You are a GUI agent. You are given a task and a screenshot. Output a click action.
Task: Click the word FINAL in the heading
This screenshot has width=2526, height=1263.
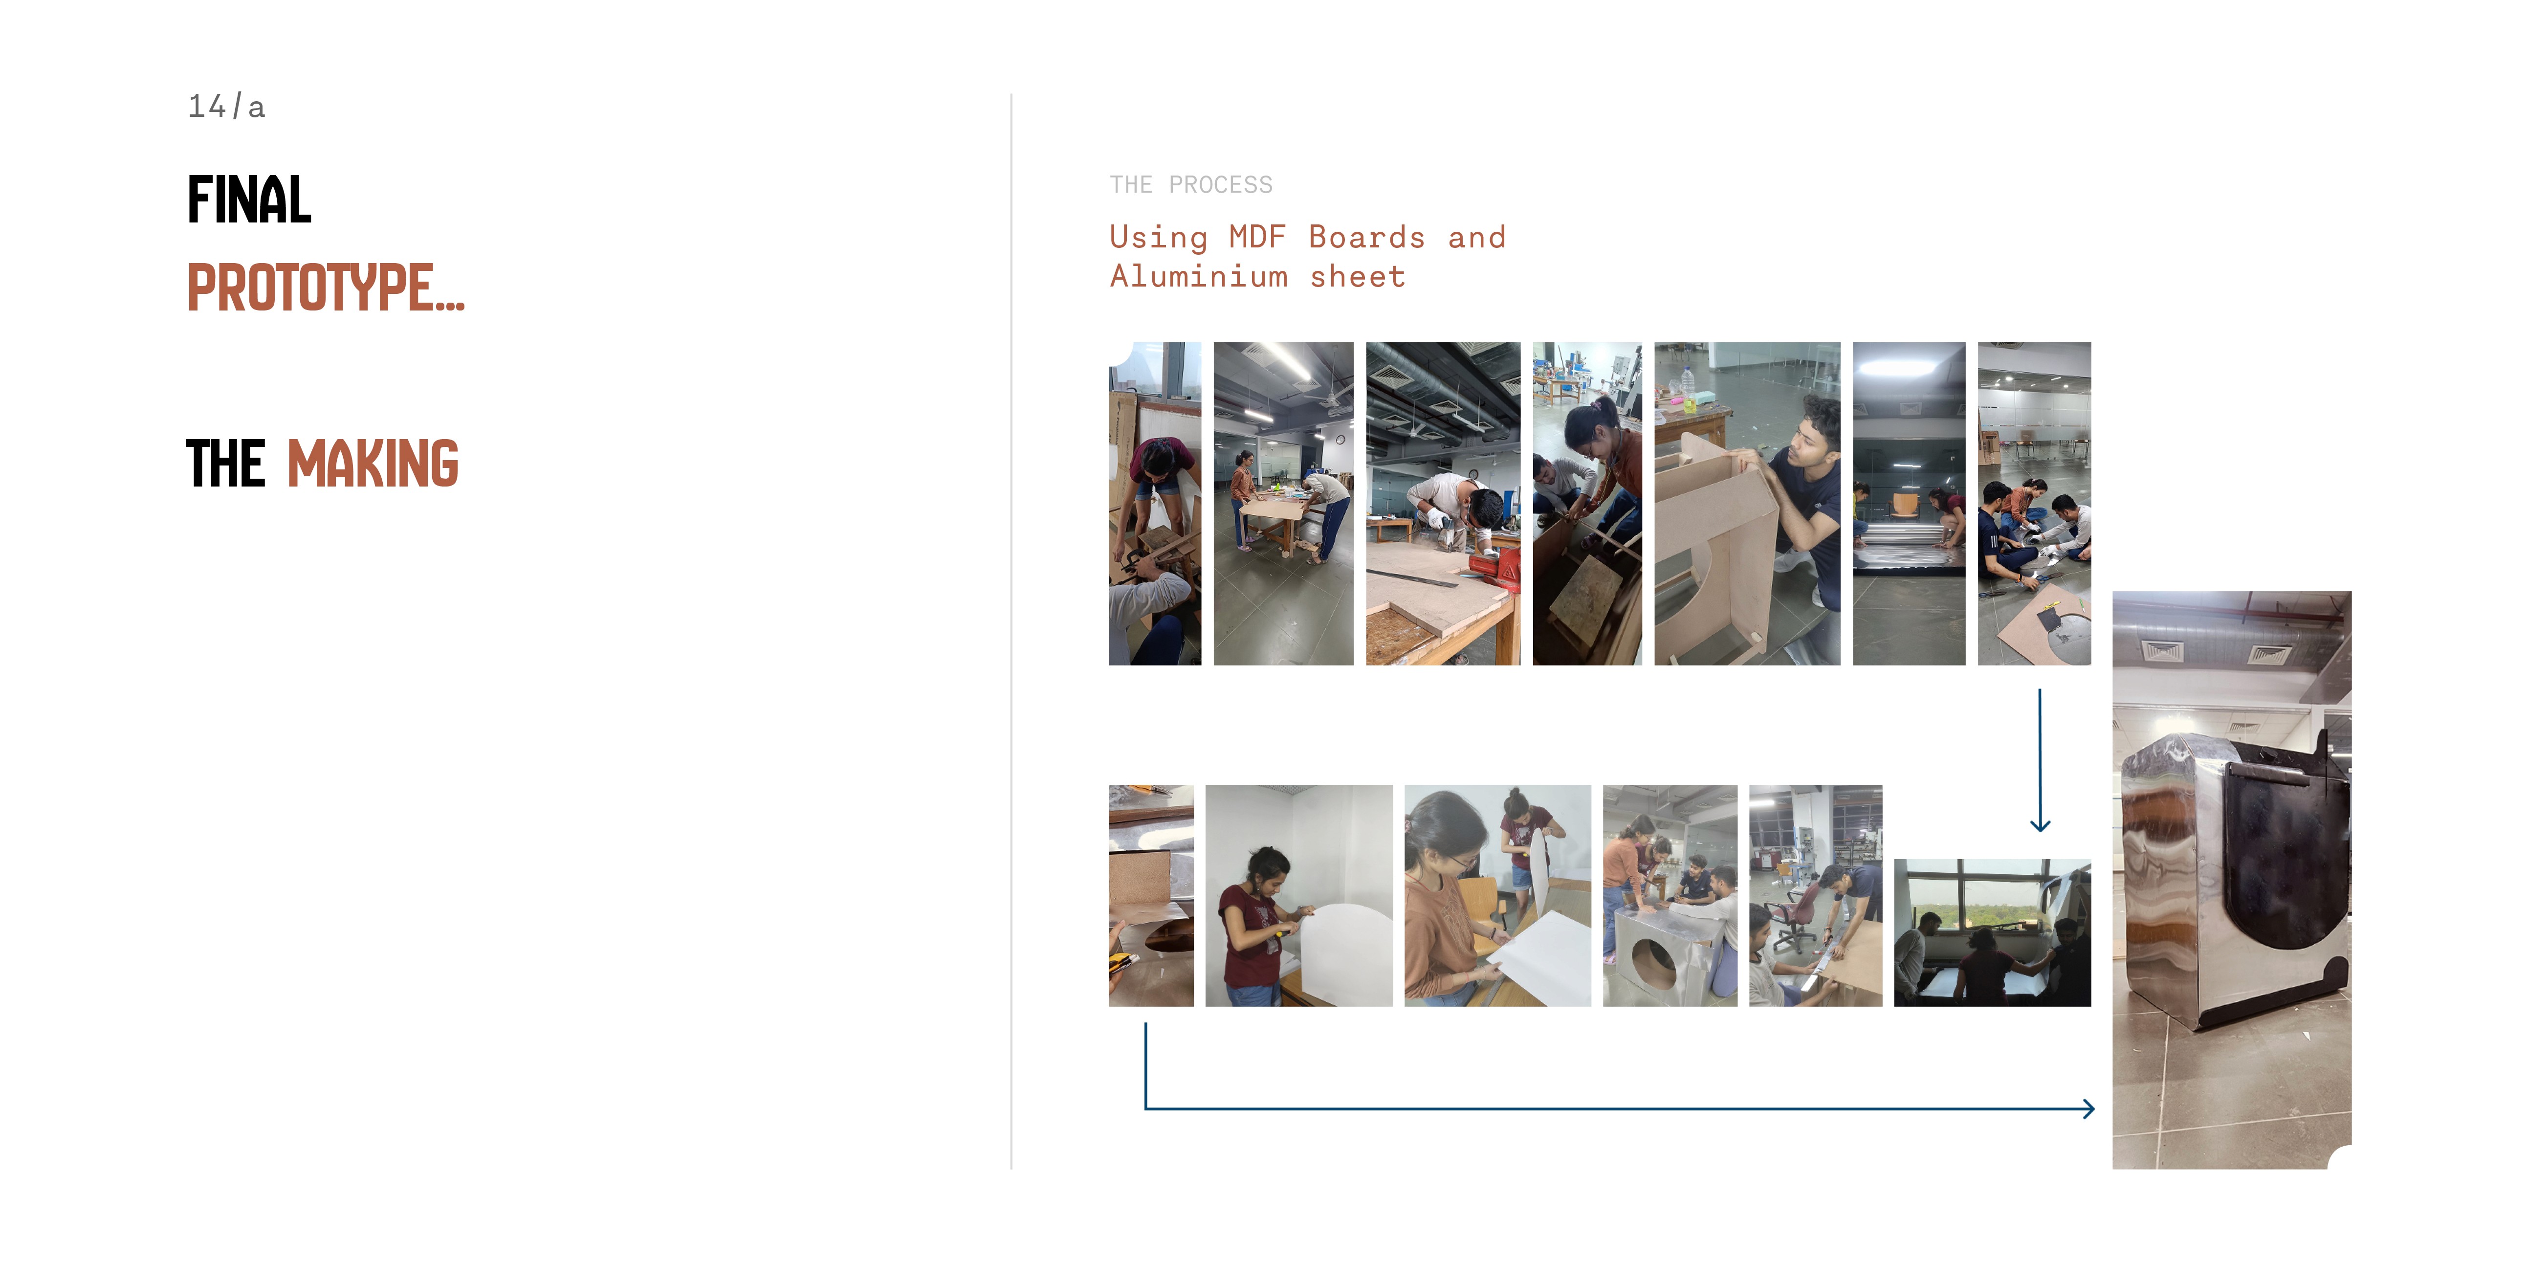click(249, 200)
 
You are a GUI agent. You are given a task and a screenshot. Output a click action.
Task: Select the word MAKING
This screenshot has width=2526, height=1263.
click(373, 464)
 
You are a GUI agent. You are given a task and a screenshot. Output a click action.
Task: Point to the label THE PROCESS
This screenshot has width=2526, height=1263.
click(1190, 184)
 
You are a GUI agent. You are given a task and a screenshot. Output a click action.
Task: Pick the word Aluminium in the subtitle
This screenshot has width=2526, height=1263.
click(1198, 277)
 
